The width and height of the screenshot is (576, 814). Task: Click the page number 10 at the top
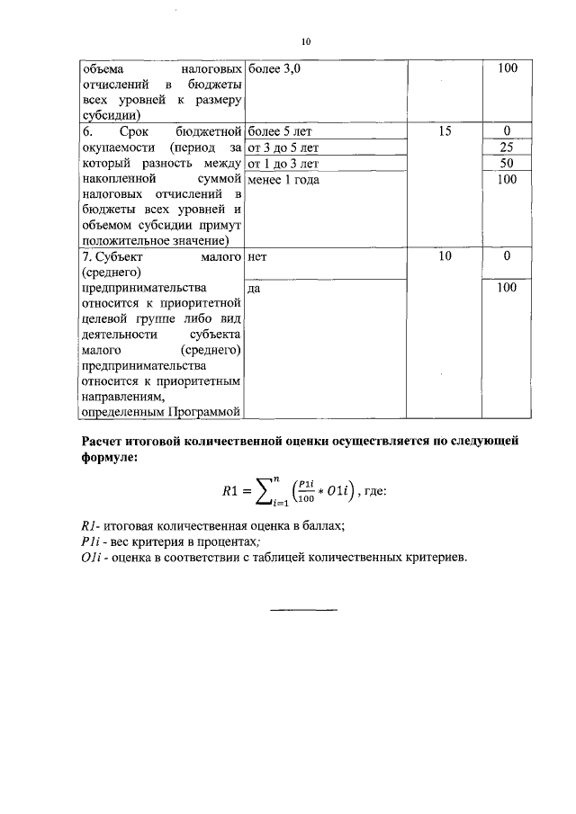pyautogui.click(x=306, y=42)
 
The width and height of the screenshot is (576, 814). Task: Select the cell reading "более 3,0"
pyautogui.click(x=274, y=68)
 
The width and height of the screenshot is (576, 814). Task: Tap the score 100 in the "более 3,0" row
pyautogui.click(x=507, y=68)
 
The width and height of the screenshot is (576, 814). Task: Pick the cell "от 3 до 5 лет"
pyautogui.click(x=283, y=148)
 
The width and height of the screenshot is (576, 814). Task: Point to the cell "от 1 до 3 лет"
pyautogui.click(x=283, y=164)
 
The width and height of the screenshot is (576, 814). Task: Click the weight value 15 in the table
pyautogui.click(x=444, y=131)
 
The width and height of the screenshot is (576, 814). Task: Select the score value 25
pyautogui.click(x=507, y=148)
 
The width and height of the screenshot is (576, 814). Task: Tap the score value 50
pyautogui.click(x=507, y=164)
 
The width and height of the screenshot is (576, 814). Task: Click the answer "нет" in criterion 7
pyautogui.click(x=257, y=256)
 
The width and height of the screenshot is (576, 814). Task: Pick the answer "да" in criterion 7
pyautogui.click(x=254, y=288)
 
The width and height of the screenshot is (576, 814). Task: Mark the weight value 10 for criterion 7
pyautogui.click(x=444, y=256)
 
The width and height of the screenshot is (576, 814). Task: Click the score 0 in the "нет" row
pyautogui.click(x=507, y=256)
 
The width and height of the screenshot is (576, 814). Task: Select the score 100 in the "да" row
pyautogui.click(x=507, y=288)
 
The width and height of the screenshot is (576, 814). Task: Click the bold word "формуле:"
pyautogui.click(x=110, y=458)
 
